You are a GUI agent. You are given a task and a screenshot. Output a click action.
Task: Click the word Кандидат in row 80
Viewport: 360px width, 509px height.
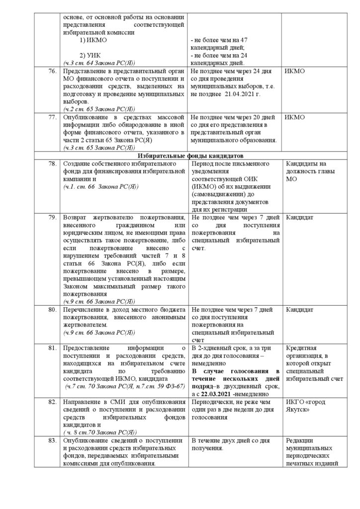(299, 310)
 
